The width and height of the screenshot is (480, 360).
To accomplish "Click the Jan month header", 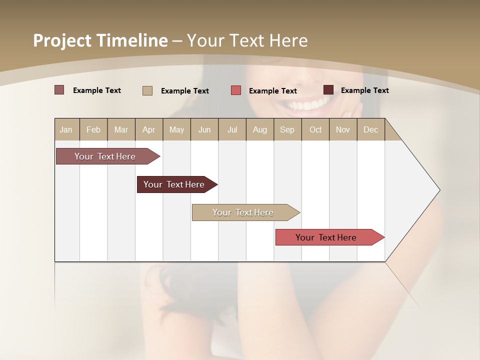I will click(x=66, y=129).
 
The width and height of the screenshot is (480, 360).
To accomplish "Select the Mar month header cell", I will click(x=121, y=129).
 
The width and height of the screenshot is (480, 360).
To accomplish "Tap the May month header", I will click(x=176, y=129).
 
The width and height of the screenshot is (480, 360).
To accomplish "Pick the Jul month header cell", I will click(x=232, y=129).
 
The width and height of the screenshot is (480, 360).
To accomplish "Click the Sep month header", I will click(x=287, y=129).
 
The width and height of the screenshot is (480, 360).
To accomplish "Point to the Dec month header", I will click(x=370, y=129).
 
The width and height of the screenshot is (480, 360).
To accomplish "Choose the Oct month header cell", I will click(x=315, y=129).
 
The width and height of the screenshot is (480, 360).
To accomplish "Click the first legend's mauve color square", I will click(x=59, y=90).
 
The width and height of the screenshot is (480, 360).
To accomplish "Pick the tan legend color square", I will click(x=147, y=90).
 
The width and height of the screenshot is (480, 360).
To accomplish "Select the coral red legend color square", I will click(x=236, y=90).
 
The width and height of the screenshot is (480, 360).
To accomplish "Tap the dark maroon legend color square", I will click(x=328, y=90).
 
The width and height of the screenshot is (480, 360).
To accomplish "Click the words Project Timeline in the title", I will click(x=100, y=40).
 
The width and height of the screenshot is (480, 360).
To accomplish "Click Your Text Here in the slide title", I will click(x=247, y=40).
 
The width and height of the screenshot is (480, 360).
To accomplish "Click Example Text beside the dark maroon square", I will click(x=364, y=90).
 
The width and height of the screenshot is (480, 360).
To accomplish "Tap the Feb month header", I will click(x=93, y=129).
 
